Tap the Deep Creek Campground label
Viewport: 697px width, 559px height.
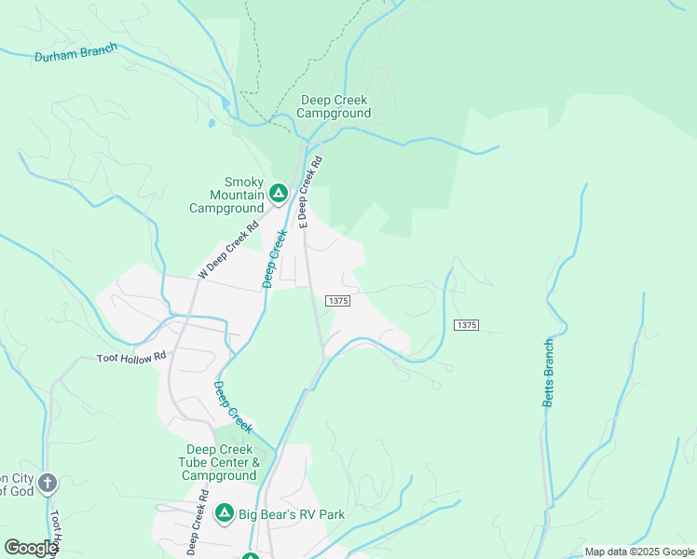[x=334, y=107]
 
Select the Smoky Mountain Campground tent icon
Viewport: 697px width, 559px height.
[x=278, y=194]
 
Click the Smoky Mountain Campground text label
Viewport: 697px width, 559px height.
[x=226, y=196]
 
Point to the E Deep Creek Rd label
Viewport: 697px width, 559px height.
[x=310, y=192]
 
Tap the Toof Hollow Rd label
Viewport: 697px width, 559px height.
[x=131, y=357]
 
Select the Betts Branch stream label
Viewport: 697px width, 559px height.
[x=549, y=373]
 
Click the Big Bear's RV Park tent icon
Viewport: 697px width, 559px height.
[x=224, y=513]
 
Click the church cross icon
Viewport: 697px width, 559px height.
[x=48, y=483]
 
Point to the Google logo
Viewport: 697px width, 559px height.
[x=31, y=548]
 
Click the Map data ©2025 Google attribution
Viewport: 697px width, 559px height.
[x=639, y=552]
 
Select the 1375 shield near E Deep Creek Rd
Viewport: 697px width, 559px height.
[x=337, y=301]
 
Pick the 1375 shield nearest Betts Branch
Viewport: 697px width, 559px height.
[x=467, y=324]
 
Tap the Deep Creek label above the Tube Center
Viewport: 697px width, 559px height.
[x=233, y=406]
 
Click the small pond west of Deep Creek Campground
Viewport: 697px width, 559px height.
[x=213, y=122]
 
